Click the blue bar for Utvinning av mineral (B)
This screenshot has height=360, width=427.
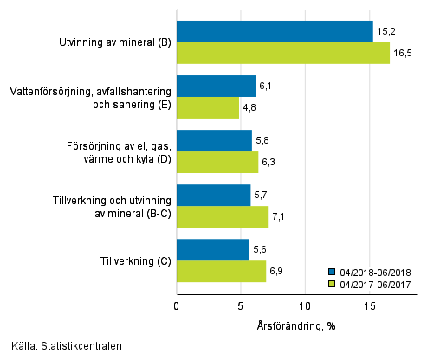click(x=275, y=32)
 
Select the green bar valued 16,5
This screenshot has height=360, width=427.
click(x=283, y=54)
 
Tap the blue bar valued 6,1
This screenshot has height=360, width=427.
click(x=216, y=87)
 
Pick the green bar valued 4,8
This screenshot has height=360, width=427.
click(x=208, y=108)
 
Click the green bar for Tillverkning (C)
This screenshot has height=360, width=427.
click(x=221, y=272)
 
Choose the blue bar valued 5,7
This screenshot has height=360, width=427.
click(x=213, y=196)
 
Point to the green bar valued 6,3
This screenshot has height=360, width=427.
click(x=217, y=163)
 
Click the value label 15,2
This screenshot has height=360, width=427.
click(x=386, y=31)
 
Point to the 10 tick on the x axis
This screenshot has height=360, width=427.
click(x=305, y=305)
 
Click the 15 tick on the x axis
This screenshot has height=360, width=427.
click(x=369, y=305)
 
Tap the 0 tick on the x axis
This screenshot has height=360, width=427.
click(x=177, y=305)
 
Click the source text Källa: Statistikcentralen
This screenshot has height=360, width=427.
click(x=61, y=346)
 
